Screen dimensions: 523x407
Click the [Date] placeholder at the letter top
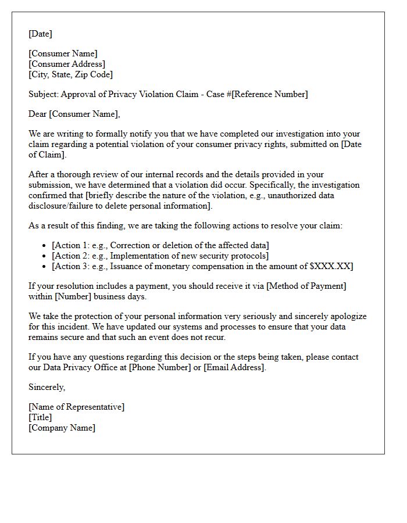(40, 34)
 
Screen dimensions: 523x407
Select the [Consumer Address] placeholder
(67, 64)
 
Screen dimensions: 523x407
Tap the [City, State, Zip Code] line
(70, 74)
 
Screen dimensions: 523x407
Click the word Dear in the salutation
(38, 114)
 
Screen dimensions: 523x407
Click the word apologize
(348, 316)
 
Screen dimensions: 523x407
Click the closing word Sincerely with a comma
(47, 387)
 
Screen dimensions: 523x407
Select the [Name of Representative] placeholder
(76, 407)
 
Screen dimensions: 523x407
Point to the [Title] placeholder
(40, 417)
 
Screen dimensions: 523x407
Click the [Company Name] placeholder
(62, 428)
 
